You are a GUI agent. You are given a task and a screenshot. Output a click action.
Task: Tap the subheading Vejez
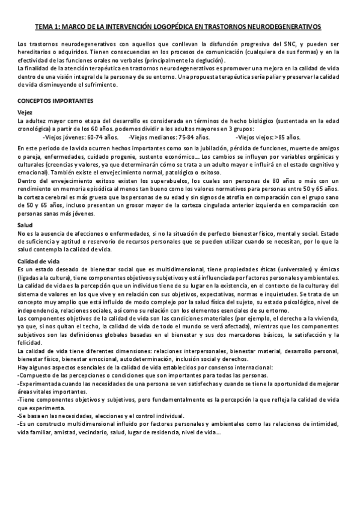[26, 113]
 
